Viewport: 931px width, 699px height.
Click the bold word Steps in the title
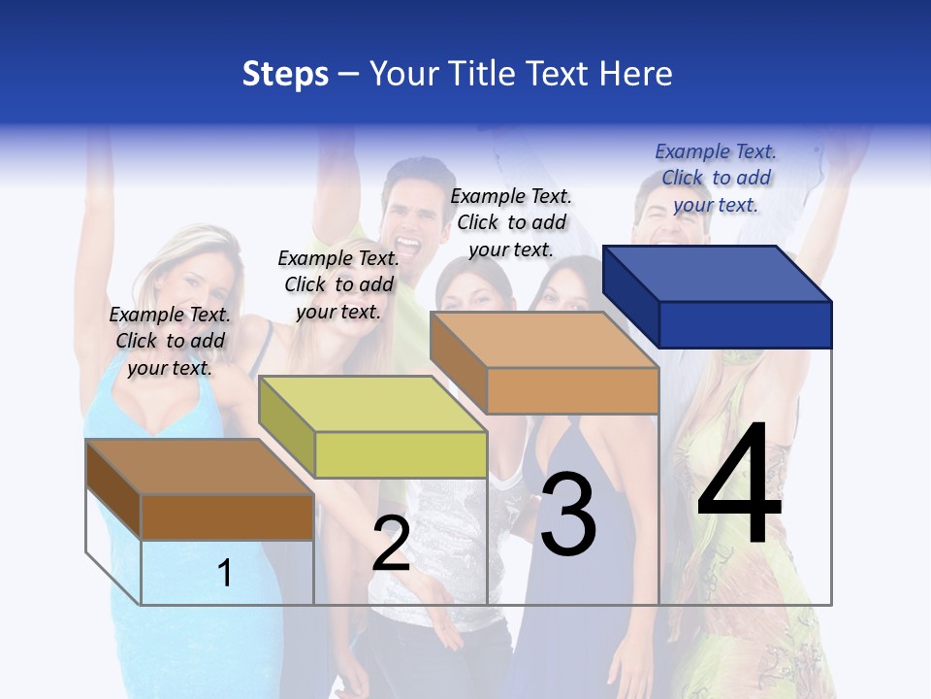click(285, 74)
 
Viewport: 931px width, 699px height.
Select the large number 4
click(739, 485)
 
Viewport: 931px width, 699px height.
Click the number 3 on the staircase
click(568, 515)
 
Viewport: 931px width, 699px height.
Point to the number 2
click(392, 544)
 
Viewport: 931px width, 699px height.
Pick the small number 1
click(225, 573)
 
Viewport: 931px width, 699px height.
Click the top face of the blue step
click(718, 274)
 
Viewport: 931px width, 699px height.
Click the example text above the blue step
click(716, 178)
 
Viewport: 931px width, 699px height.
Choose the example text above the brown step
click(170, 341)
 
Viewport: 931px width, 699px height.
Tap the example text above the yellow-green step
click(338, 284)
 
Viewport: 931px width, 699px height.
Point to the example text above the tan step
click(511, 222)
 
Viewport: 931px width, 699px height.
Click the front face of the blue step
click(745, 324)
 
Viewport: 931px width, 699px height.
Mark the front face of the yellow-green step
click(401, 454)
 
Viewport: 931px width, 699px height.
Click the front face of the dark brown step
click(227, 516)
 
